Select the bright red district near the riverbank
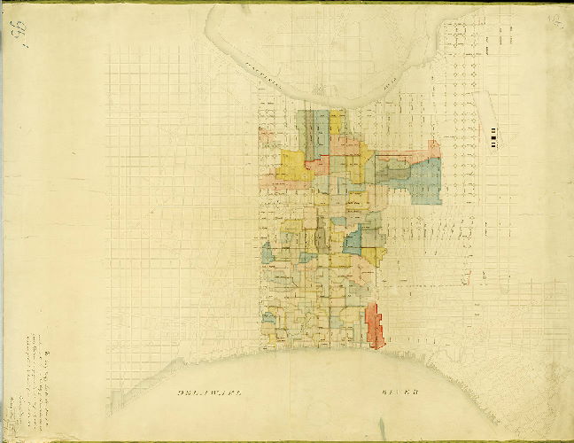tap(375, 325)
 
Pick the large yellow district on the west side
tap(292, 164)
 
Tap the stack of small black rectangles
tap(493, 136)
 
